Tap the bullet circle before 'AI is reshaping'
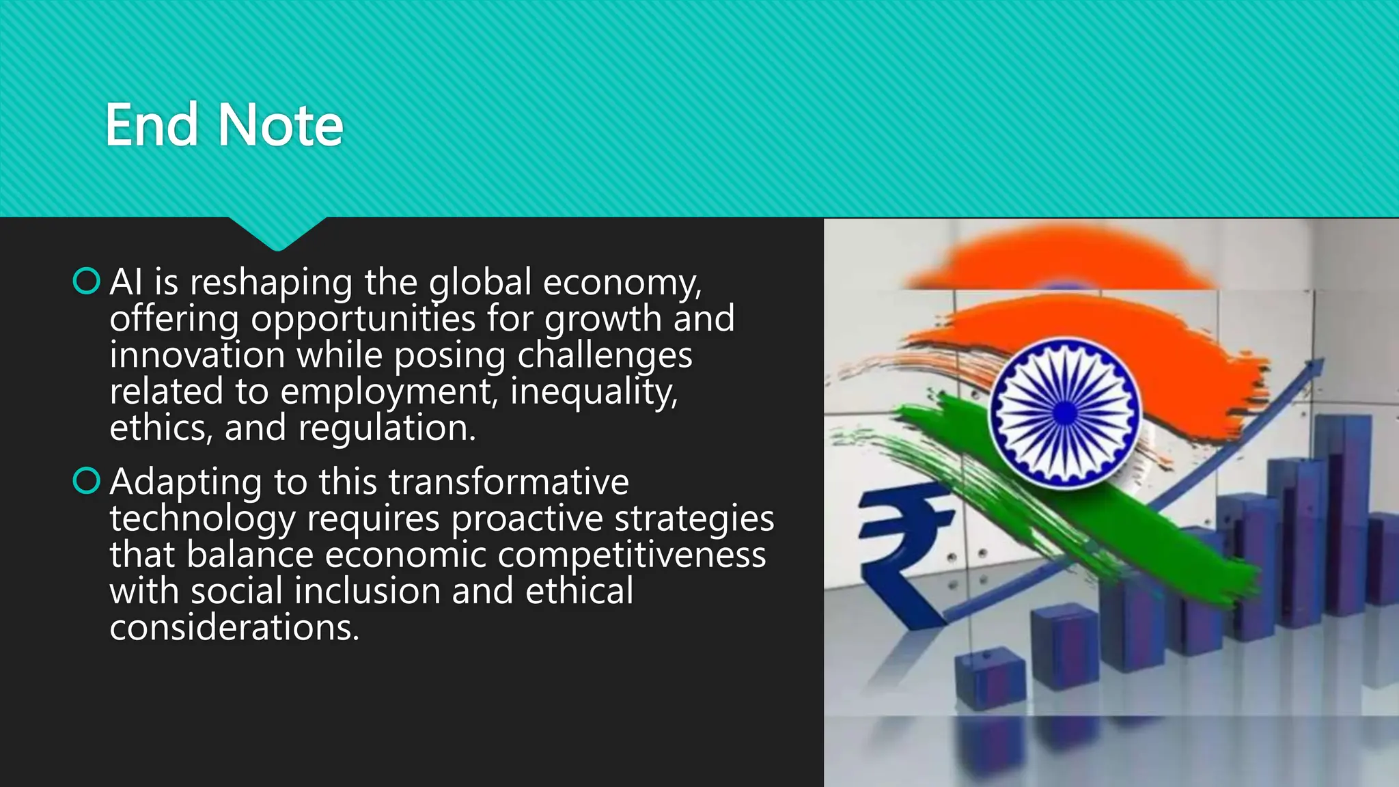pos(87,281)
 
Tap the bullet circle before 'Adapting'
pos(87,480)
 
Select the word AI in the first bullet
pos(126,281)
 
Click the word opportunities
pos(363,319)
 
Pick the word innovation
pos(197,355)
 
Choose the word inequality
pos(594,392)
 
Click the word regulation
pos(387,428)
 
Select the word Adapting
pos(186,482)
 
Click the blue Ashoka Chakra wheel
pos(1064,412)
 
